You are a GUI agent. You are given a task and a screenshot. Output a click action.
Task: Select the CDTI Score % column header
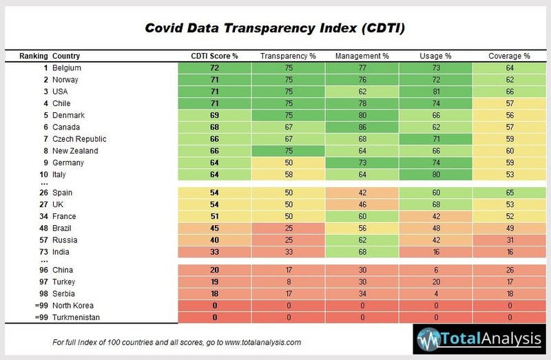(x=214, y=56)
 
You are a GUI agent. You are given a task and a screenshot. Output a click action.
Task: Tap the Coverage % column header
(x=509, y=56)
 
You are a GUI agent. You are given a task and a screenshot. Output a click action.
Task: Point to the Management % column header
(x=362, y=56)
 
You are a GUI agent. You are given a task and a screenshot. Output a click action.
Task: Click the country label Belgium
(x=67, y=68)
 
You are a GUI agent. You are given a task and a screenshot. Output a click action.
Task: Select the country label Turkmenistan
(x=78, y=317)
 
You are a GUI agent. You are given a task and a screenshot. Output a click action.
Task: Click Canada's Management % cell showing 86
(x=362, y=127)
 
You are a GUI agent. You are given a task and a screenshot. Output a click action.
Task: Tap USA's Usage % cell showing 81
(x=435, y=92)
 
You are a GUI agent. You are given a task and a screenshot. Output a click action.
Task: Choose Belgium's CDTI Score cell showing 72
(x=214, y=68)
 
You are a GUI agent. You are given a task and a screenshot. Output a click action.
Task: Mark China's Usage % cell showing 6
(x=435, y=271)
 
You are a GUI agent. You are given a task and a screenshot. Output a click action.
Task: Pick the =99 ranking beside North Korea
(x=40, y=306)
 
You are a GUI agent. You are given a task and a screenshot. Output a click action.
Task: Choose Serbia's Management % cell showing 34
(x=362, y=294)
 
